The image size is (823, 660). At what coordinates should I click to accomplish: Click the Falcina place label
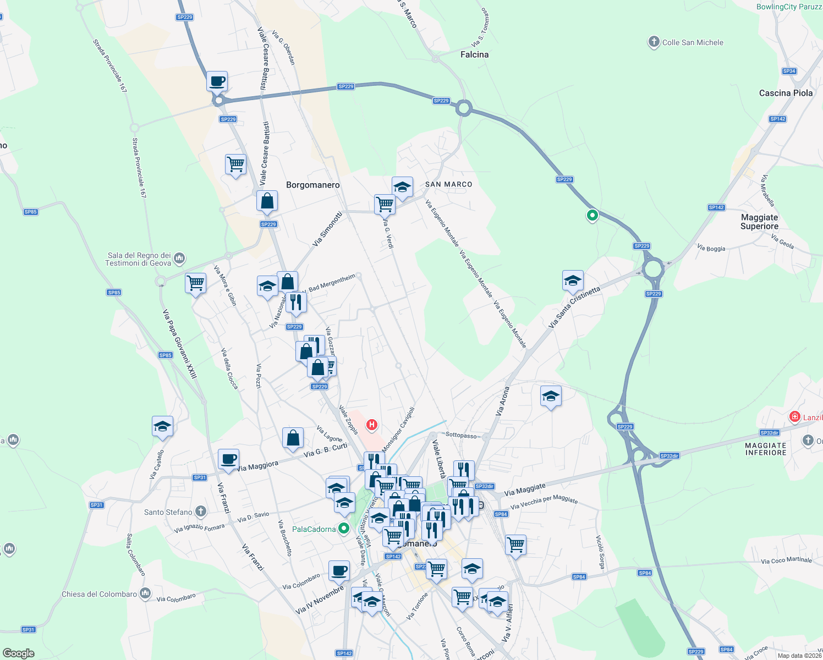point(474,54)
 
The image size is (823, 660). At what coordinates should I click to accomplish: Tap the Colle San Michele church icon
point(654,42)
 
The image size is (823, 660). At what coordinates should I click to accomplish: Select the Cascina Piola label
point(786,93)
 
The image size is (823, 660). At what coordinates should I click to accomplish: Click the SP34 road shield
point(789,71)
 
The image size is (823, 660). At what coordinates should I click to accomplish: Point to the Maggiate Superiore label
point(759,222)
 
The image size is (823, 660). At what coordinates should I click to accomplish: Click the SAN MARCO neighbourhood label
point(448,184)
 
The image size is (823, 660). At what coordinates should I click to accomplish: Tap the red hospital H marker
point(372,425)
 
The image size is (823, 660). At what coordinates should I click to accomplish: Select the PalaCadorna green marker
point(344,529)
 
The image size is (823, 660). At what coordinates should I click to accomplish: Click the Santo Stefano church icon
point(201,512)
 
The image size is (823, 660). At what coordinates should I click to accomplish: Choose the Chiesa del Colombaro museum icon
point(145,593)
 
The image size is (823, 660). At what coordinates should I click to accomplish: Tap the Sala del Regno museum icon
point(179,258)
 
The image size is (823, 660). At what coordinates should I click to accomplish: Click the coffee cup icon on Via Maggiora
point(228,458)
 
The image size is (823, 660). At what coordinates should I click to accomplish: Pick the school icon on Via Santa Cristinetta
point(573,280)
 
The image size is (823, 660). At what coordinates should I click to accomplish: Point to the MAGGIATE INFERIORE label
point(766,449)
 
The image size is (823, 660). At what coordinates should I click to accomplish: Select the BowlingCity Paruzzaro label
point(789,7)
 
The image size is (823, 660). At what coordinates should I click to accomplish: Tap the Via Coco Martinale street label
point(786,560)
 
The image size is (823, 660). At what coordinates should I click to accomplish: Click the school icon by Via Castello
point(162,426)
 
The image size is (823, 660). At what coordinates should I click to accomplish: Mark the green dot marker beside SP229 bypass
point(592,216)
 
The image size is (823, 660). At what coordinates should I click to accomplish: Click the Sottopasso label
point(461,435)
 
